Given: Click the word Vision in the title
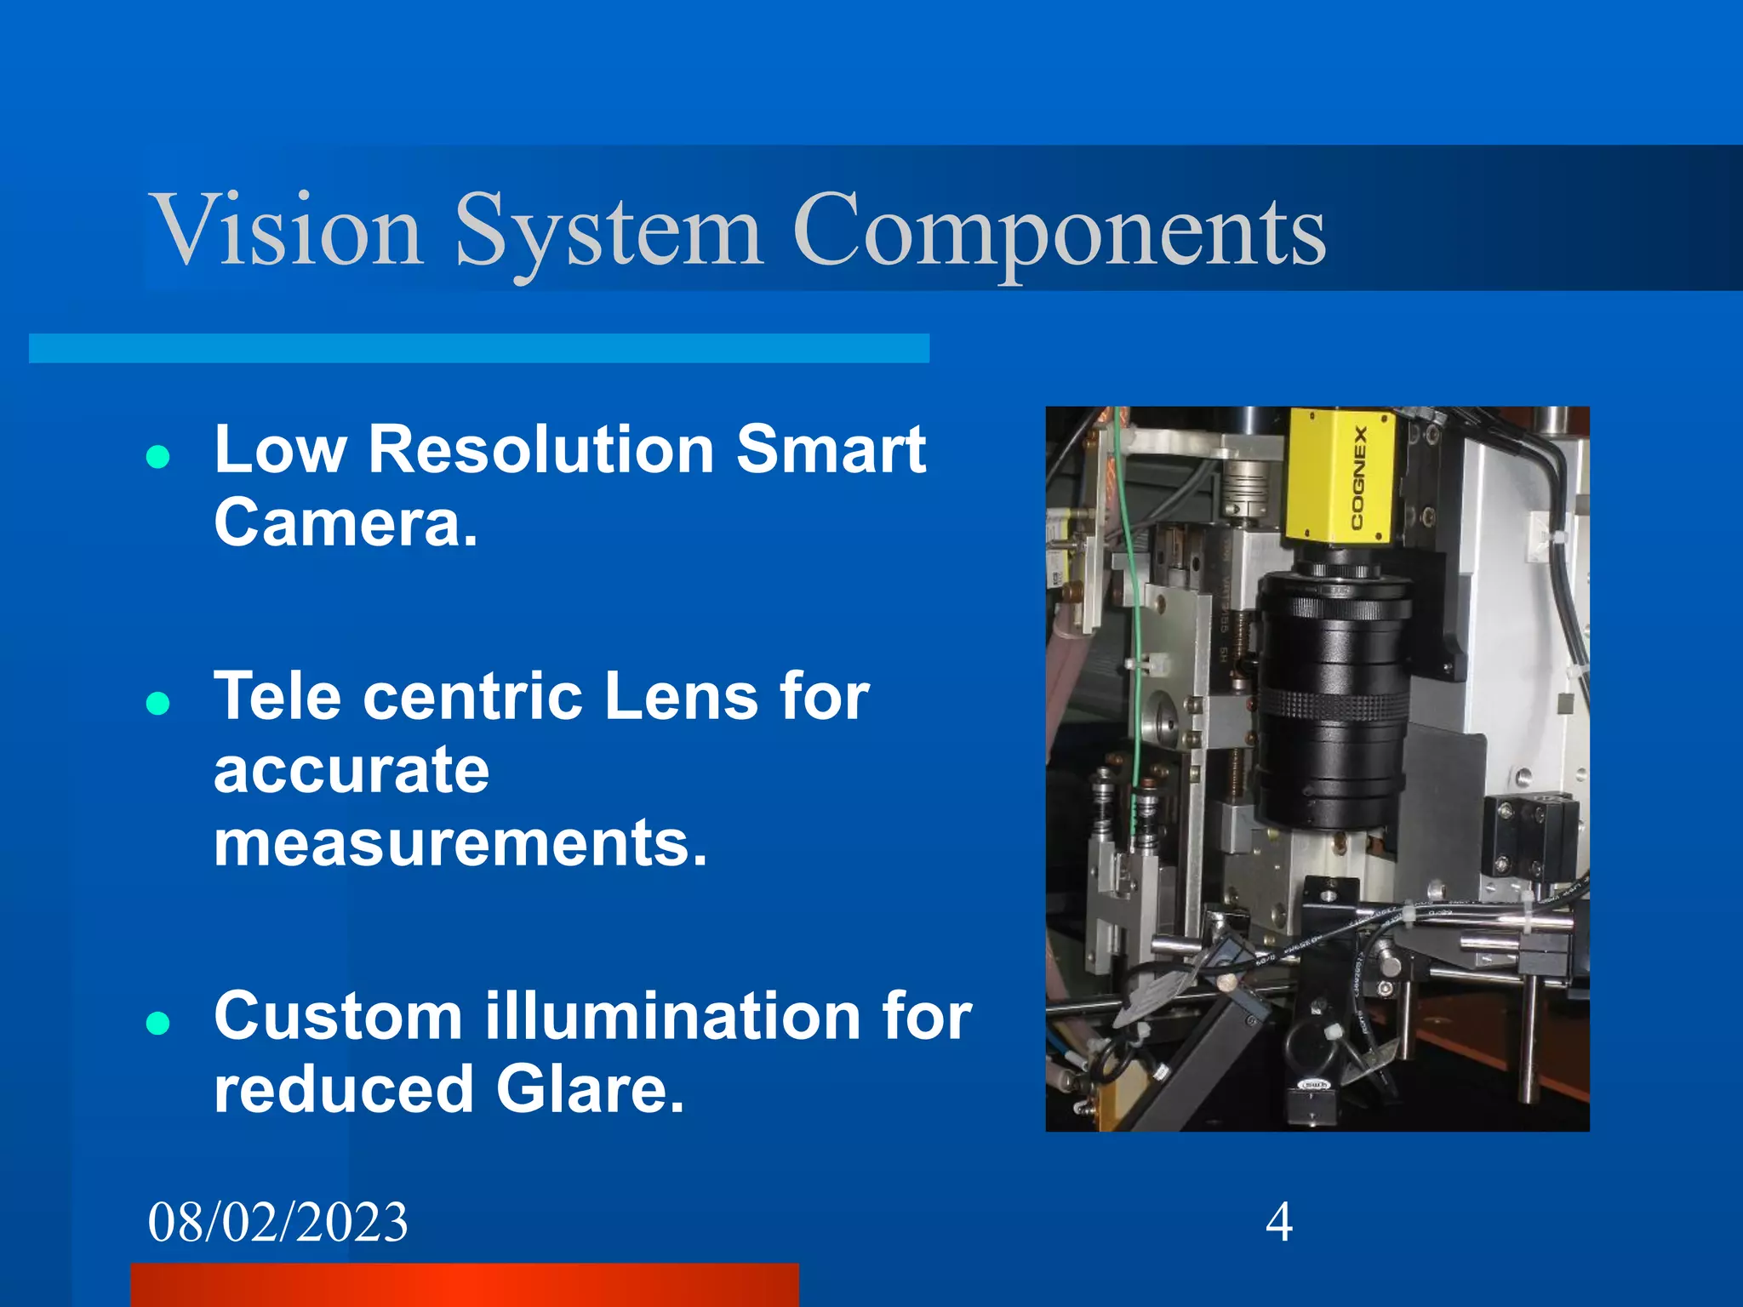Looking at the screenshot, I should click(x=286, y=230).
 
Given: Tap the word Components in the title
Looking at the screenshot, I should click(x=1059, y=230).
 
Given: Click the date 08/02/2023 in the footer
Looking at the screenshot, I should click(x=277, y=1222).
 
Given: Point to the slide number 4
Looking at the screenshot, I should click(x=1278, y=1222).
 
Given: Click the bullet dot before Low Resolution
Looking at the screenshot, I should click(x=157, y=458).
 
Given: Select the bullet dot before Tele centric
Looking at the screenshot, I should click(x=157, y=704).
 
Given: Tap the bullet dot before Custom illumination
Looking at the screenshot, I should click(x=157, y=1023).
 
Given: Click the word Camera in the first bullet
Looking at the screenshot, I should click(x=345, y=522).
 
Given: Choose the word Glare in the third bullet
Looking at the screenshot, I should click(x=590, y=1089).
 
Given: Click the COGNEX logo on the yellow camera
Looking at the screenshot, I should click(x=1359, y=477).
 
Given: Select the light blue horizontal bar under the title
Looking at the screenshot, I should click(x=478, y=348).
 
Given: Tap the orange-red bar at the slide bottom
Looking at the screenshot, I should click(x=465, y=1285).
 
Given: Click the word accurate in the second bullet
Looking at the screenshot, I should click(x=351, y=769).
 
